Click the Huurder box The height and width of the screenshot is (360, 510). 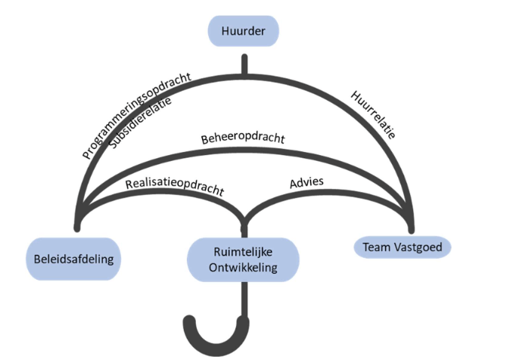coord(244,32)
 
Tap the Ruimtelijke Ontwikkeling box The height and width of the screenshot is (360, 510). coord(243,259)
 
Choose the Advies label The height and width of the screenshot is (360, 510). coord(306,183)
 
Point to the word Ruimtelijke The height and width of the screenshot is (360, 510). coord(243,251)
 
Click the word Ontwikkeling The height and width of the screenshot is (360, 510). coord(243,267)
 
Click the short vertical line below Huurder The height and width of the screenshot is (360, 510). coord(244,64)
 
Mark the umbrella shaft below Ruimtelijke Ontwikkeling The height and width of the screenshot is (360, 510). coord(244,299)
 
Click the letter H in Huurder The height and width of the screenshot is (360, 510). coord(225,32)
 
